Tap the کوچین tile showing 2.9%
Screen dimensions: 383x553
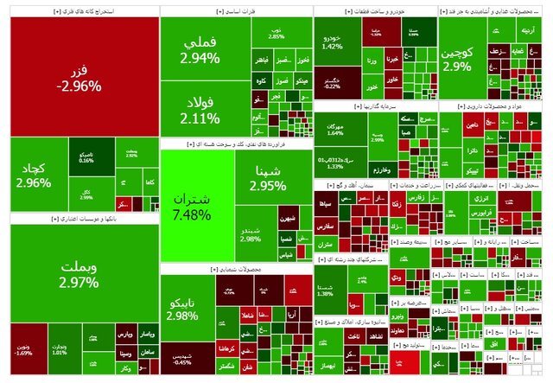coord(462,59)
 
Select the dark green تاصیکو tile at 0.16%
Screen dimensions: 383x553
coord(86,156)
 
